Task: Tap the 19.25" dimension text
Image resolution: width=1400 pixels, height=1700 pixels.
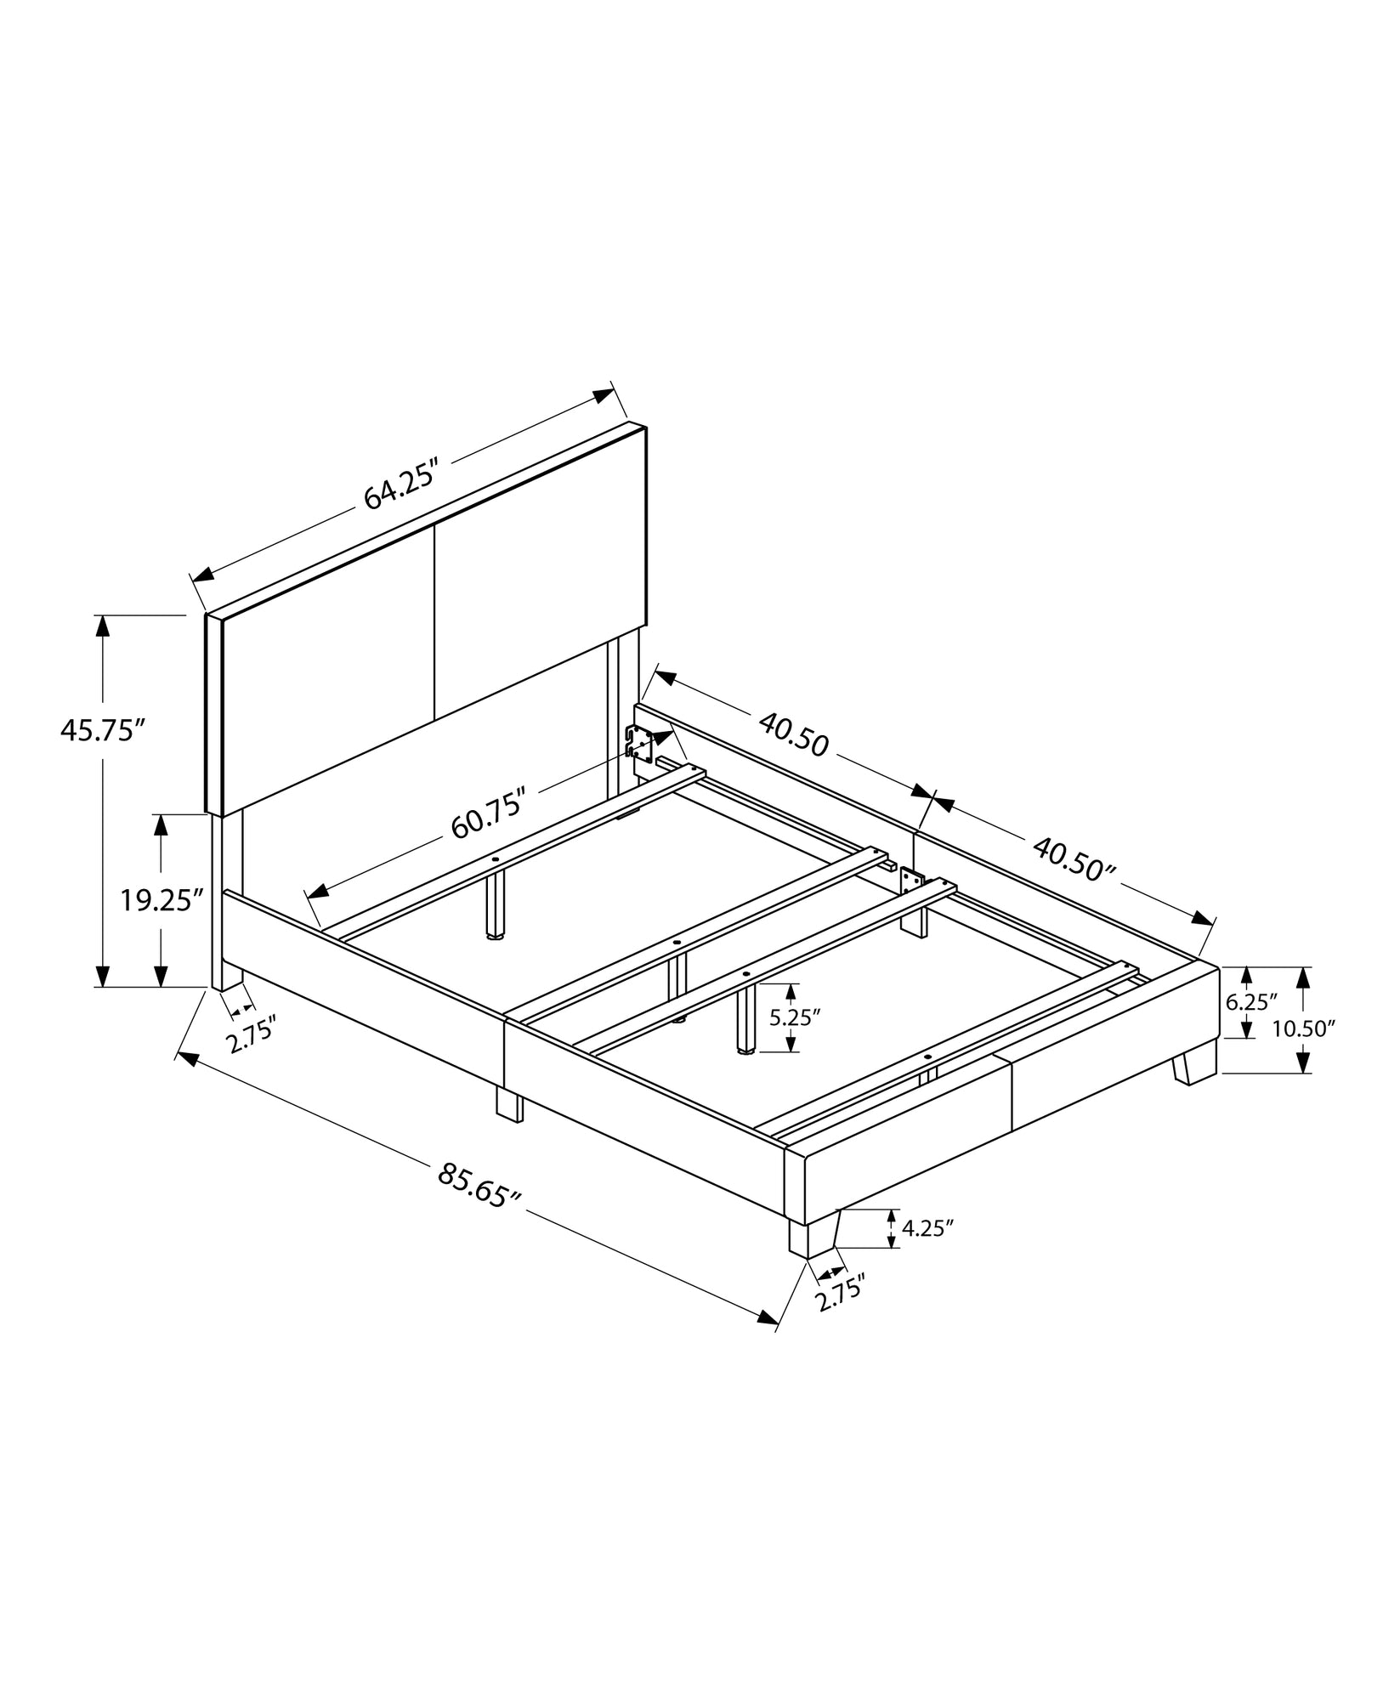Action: click(162, 900)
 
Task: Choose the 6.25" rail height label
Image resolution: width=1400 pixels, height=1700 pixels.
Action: click(1246, 1002)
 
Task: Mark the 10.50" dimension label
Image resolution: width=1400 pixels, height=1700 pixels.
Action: click(1304, 1029)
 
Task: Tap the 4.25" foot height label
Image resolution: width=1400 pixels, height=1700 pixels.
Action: click(927, 1228)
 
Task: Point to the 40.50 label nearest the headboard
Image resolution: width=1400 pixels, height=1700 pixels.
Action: click(792, 734)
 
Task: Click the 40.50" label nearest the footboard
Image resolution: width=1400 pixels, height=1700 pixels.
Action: click(1074, 860)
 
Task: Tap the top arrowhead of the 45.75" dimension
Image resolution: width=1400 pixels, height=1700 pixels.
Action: click(103, 625)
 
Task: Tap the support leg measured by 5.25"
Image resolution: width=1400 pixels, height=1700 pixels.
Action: click(747, 1020)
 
